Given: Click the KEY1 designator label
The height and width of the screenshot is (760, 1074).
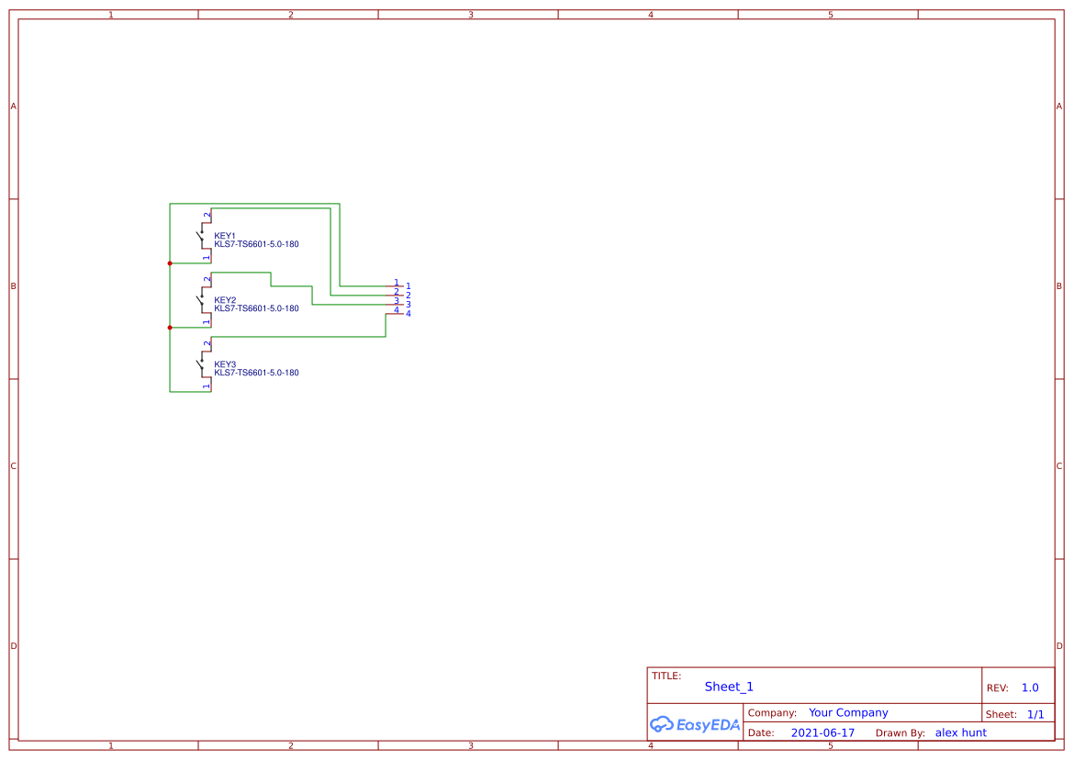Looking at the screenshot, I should tap(225, 236).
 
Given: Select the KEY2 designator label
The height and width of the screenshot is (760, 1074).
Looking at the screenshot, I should tap(225, 300).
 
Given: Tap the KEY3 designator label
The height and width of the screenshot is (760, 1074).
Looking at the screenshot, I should tap(225, 364).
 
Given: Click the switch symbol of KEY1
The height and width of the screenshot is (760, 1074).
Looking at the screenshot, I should tap(201, 237).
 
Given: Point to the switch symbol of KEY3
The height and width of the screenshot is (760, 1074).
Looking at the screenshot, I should tap(201, 365).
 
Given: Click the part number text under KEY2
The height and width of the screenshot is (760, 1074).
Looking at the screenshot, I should tap(256, 308).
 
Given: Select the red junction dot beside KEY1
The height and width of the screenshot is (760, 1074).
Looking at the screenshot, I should tap(170, 263).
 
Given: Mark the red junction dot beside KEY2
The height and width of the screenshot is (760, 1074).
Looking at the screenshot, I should tap(170, 328).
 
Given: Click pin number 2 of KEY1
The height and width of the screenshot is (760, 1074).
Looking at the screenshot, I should tap(207, 215).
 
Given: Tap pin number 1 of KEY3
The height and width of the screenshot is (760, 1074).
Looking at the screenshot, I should tap(207, 387).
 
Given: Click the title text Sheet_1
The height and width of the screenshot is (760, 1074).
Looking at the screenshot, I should tap(729, 687).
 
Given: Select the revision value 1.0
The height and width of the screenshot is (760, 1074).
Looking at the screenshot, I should tap(1030, 687).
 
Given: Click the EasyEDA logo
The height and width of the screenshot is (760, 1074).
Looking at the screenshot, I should tap(695, 725).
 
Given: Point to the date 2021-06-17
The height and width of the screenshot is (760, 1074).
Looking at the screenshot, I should tap(822, 733).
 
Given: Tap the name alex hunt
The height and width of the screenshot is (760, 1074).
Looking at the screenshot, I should tap(961, 732).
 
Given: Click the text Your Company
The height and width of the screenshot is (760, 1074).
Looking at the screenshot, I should tap(848, 712).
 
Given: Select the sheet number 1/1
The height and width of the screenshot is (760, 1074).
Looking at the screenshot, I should tap(1035, 714).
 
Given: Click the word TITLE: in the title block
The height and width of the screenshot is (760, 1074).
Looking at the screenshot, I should tap(666, 676).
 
